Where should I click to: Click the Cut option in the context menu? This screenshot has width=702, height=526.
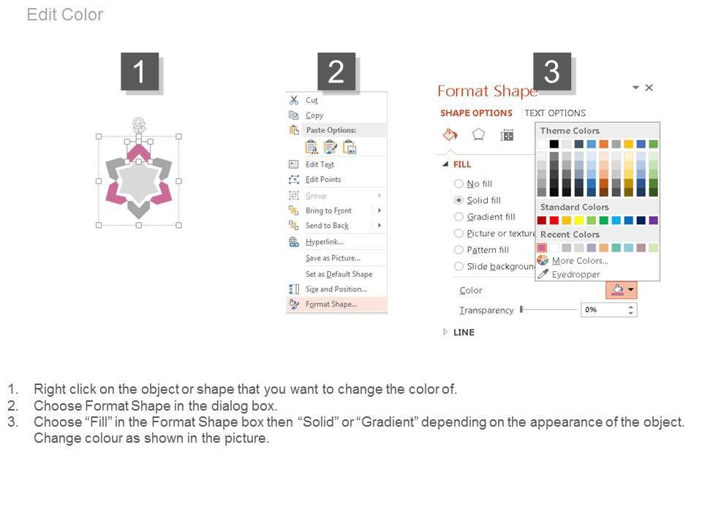(312, 100)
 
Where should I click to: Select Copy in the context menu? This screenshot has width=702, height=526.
(314, 115)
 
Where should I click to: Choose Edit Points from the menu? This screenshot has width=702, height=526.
(323, 180)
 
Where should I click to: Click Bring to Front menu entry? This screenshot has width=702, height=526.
(328, 210)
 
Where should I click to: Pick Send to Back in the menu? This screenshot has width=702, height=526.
(328, 226)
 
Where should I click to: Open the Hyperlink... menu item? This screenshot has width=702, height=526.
(325, 242)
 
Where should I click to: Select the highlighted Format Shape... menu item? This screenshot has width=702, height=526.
(331, 304)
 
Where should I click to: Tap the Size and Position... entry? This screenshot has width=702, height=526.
(336, 289)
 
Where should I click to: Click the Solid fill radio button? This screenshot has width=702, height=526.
(458, 200)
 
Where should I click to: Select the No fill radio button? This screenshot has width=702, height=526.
(458, 183)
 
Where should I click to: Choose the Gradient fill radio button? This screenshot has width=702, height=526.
(458, 216)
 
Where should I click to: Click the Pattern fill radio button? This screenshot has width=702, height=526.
(458, 250)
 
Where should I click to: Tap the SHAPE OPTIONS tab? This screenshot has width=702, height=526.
(476, 113)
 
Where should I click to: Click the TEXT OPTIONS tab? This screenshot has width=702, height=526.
(555, 113)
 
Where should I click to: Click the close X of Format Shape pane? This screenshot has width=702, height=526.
(649, 88)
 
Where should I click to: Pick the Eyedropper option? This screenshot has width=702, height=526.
(575, 274)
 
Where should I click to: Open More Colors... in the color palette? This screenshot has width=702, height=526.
(580, 260)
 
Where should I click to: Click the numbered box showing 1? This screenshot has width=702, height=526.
(140, 72)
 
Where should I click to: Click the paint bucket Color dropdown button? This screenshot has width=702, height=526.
(622, 290)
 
